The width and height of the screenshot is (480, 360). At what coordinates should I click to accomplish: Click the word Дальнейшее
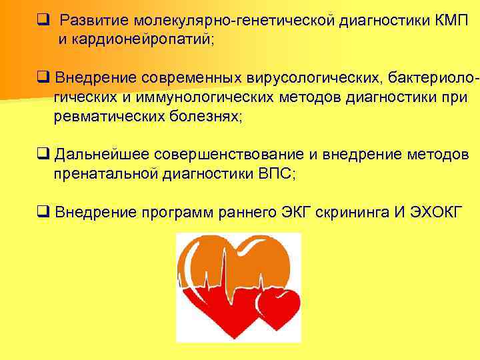[102, 155]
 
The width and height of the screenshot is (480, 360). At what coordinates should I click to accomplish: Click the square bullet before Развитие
[43, 21]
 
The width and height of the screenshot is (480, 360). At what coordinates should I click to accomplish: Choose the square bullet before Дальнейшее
[43, 156]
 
